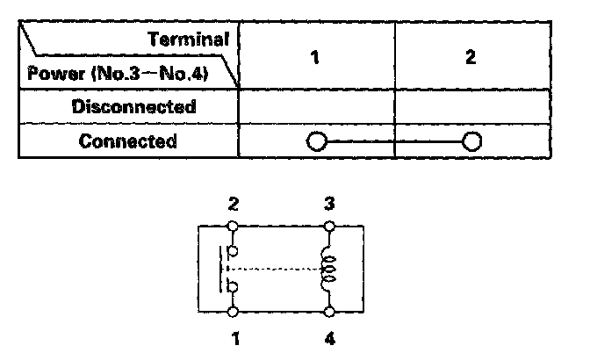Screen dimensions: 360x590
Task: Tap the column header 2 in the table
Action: point(471,57)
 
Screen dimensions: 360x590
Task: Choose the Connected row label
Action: point(128,141)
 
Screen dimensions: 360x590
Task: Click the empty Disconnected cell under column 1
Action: point(316,107)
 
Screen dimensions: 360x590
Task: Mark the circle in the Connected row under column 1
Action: point(316,142)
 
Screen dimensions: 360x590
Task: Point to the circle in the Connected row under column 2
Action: point(472,142)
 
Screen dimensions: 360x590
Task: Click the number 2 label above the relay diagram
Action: point(234,205)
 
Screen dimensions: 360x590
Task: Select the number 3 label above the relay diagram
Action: point(328,205)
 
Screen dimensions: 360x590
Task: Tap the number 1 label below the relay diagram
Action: point(234,336)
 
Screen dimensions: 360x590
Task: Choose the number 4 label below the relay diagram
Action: point(328,336)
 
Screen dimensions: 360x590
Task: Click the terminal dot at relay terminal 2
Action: point(234,226)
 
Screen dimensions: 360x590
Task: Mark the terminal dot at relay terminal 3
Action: point(328,226)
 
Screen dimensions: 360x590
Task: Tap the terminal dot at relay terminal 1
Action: point(234,311)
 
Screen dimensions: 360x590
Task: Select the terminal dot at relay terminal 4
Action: point(328,311)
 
